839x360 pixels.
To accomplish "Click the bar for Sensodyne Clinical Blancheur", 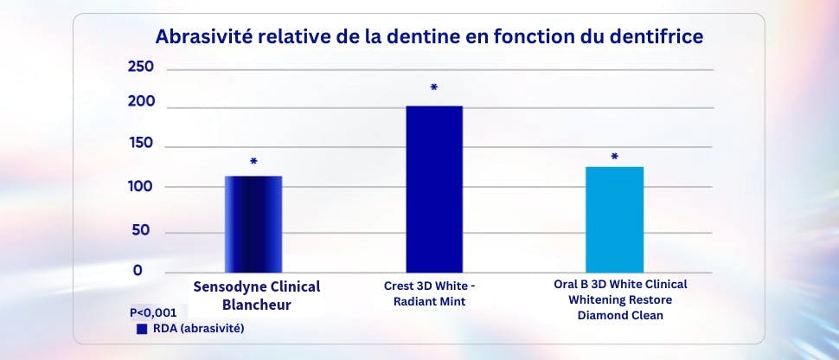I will tap(253, 224).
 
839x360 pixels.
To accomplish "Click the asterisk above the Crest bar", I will tap(433, 88).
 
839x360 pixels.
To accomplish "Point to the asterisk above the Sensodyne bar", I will tap(253, 162).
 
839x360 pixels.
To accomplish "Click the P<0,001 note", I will tap(153, 313).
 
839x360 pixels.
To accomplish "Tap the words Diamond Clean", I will tap(620, 315).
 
